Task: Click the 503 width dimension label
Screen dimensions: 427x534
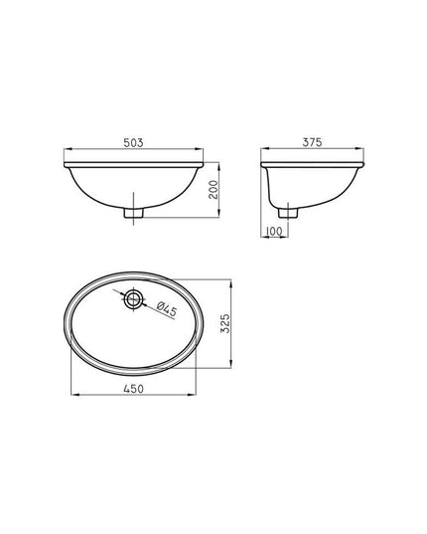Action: pos(133,142)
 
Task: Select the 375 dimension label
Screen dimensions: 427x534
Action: pos(312,142)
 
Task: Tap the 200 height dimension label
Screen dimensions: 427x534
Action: pos(213,190)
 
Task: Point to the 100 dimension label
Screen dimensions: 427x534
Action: pos(274,232)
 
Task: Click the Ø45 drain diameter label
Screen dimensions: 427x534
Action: pos(167,309)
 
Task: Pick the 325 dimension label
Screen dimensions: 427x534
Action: pos(225,323)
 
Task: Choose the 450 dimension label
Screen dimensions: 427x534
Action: pos(134,389)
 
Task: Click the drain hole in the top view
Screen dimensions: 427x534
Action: pos(133,299)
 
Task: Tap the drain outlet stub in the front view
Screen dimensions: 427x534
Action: pos(134,213)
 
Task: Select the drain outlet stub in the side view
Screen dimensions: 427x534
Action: pos(288,213)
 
